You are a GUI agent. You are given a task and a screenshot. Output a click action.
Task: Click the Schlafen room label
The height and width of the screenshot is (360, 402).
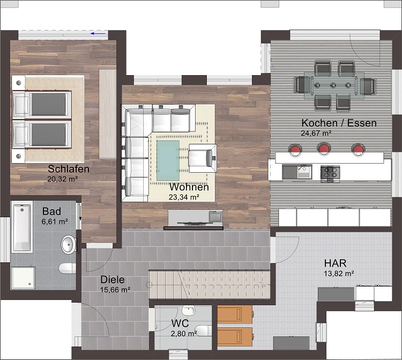[69, 169]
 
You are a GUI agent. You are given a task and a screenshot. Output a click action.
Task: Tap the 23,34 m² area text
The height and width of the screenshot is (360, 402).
[184, 197]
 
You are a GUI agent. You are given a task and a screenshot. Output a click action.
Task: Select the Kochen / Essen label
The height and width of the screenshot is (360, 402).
[339, 123]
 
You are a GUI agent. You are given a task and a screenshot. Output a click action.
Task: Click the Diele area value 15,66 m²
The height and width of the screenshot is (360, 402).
[115, 290]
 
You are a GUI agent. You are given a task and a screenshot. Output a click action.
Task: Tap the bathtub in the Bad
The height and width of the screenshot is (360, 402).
[22, 226]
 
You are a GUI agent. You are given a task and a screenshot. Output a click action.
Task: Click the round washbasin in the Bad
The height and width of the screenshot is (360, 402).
[69, 245]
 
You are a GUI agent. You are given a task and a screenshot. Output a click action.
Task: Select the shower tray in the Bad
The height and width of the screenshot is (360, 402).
[23, 277]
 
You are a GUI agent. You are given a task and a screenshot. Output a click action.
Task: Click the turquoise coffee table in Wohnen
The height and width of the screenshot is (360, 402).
[168, 160]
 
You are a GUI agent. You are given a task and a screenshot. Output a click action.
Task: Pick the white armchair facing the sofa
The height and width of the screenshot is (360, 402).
[203, 158]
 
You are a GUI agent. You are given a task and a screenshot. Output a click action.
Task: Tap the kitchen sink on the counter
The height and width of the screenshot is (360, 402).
[297, 172]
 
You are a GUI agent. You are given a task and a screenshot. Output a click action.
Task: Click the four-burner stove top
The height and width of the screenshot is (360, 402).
[330, 173]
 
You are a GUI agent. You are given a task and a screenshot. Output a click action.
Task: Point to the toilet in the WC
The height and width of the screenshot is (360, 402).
[203, 330]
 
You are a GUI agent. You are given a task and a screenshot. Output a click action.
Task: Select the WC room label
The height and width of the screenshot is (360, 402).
[180, 324]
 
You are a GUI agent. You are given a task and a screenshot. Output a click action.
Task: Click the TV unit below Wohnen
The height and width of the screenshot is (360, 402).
[194, 219]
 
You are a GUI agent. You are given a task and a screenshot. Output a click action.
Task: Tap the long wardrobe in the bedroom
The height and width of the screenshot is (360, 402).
[108, 114]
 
